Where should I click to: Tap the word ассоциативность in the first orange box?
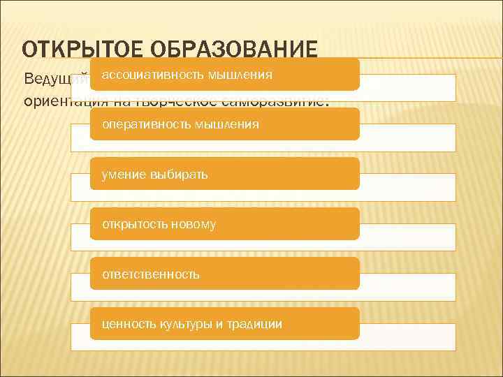150,74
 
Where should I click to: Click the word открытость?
133,224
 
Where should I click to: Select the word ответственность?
150,274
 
